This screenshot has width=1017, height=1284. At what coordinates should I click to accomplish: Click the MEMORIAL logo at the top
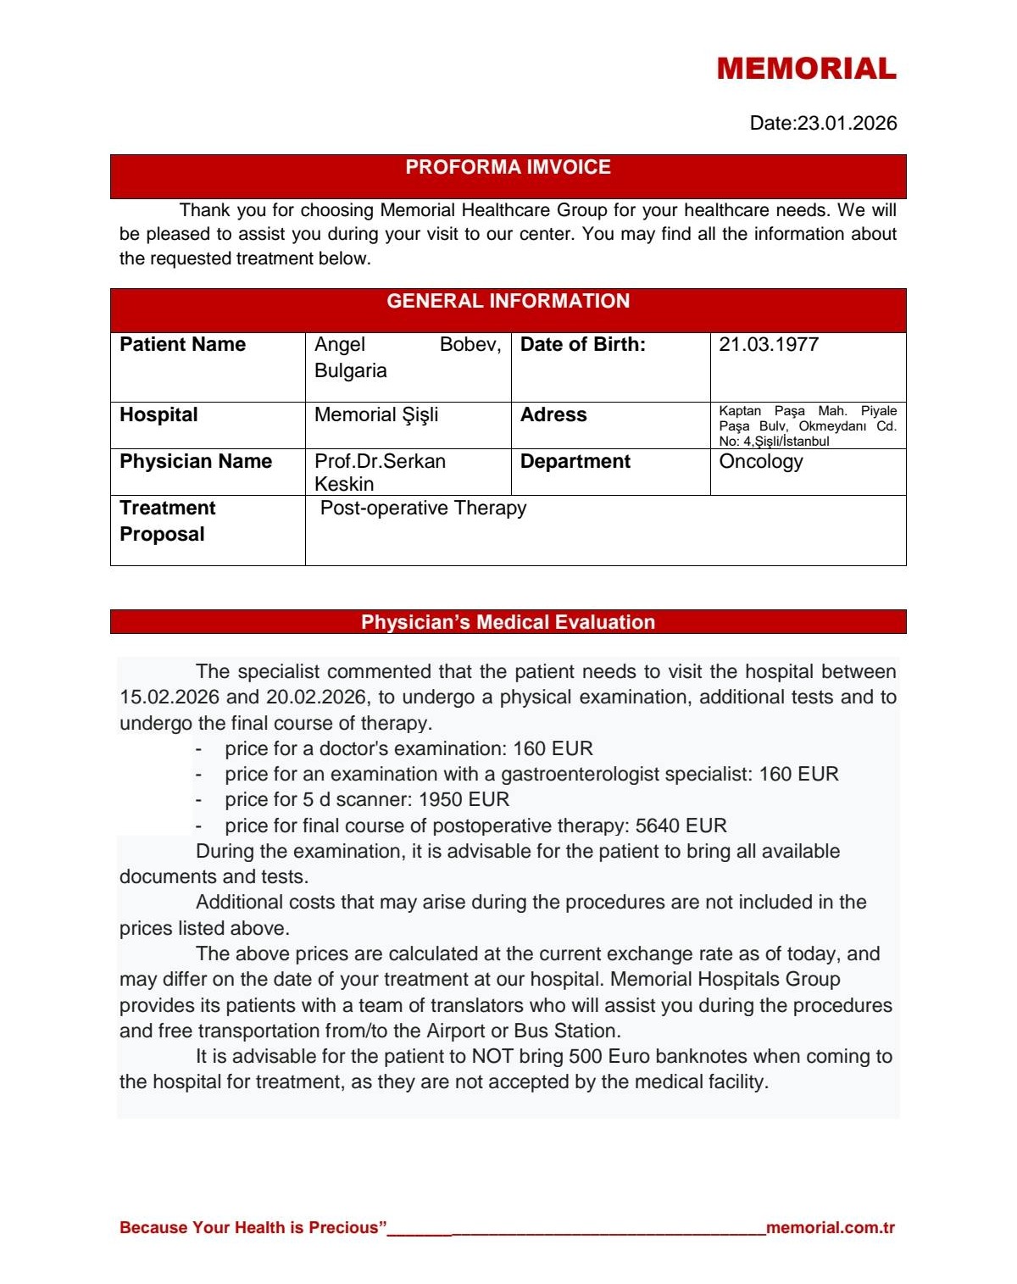[806, 69]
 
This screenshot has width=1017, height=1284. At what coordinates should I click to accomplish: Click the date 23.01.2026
[847, 123]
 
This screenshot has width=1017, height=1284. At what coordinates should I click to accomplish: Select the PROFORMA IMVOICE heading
[508, 167]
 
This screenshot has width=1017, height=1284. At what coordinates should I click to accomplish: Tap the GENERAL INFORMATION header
[508, 301]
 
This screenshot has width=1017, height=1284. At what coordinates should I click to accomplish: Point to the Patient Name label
[182, 344]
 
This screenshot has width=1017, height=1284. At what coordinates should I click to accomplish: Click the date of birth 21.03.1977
[769, 344]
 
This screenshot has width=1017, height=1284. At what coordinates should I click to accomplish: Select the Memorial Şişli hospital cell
[376, 414]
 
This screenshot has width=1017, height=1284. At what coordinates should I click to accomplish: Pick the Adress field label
[553, 414]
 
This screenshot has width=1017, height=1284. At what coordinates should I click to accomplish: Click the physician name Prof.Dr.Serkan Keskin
[380, 472]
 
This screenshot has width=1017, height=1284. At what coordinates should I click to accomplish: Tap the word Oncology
[760, 461]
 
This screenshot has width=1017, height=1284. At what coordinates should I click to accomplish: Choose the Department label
[575, 461]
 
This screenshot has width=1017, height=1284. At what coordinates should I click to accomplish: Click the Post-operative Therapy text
[423, 508]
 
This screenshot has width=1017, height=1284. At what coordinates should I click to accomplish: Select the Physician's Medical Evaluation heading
[508, 622]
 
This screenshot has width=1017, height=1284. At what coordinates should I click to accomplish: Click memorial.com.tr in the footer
[830, 1227]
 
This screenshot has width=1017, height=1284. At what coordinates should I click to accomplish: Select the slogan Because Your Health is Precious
[253, 1227]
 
